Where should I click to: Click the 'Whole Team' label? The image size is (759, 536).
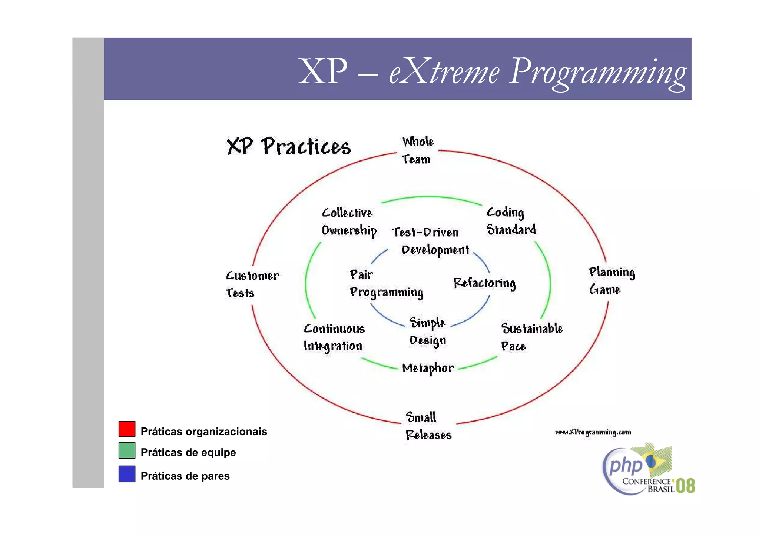418,150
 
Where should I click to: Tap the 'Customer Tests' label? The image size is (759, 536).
252,284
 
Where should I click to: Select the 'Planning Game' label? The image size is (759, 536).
611,281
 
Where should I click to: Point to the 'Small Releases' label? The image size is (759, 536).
428,426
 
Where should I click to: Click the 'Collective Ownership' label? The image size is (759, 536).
349,222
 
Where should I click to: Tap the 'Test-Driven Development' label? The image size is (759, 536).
430,241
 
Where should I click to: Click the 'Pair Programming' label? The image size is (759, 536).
386,284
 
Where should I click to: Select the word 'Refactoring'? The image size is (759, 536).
484,283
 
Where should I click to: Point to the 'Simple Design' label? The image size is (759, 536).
428,332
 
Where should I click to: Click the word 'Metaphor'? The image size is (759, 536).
428,368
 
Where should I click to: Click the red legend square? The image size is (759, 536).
127,429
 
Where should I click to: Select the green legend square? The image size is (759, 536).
127,450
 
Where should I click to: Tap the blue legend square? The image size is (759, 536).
127,474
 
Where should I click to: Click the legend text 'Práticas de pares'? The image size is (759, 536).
185,476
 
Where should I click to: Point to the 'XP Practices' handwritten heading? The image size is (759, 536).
289,147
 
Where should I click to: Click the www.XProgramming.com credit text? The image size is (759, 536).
593,432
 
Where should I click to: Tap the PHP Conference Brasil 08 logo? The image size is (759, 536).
647,470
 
